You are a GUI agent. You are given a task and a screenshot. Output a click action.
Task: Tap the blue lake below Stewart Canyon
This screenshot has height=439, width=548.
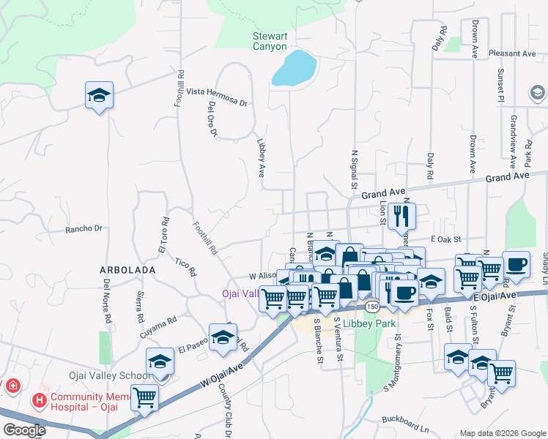[x=295, y=69]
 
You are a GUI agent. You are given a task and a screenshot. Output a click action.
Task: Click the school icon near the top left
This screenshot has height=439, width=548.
[x=99, y=96]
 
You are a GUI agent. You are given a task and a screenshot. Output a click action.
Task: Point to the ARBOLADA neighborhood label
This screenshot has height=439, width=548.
[x=127, y=270]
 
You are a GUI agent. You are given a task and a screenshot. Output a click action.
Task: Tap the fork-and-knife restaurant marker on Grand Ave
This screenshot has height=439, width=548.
[x=401, y=216]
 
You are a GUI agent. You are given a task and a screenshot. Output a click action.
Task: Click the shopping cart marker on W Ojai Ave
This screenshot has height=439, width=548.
[x=145, y=399]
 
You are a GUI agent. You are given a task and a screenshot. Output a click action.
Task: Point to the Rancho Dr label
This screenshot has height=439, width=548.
[x=84, y=229]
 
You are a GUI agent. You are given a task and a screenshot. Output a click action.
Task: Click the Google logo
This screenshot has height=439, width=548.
[x=23, y=429]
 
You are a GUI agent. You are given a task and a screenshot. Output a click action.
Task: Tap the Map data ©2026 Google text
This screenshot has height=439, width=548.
[x=502, y=432]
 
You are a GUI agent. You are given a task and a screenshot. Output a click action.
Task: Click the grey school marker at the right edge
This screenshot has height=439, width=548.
[x=537, y=93]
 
